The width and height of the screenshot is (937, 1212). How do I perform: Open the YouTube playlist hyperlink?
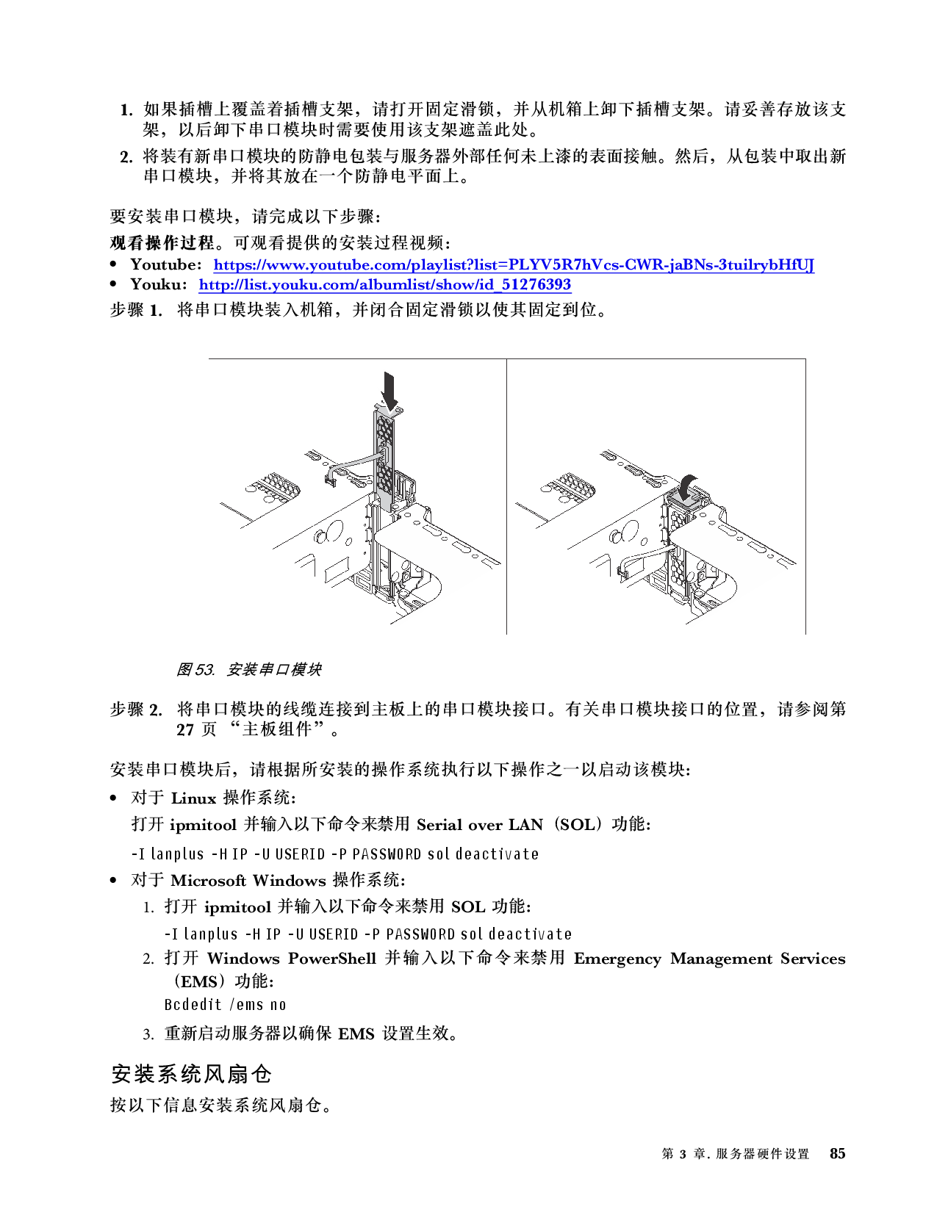click(x=514, y=264)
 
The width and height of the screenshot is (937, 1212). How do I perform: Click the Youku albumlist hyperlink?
click(x=384, y=284)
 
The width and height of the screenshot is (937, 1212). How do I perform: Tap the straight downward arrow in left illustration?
click(x=389, y=391)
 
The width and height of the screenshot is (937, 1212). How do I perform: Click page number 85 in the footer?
click(x=837, y=1153)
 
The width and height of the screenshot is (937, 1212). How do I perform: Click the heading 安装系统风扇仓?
click(x=191, y=1074)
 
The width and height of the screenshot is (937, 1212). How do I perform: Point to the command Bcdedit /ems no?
click(x=225, y=1005)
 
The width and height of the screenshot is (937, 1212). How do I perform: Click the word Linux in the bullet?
click(x=193, y=798)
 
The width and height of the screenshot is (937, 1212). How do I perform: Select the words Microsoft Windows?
click(x=248, y=880)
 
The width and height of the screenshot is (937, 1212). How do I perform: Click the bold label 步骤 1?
click(x=136, y=309)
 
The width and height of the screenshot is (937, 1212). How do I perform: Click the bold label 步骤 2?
click(x=136, y=710)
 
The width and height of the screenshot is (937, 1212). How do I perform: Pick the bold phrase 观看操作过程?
click(x=162, y=242)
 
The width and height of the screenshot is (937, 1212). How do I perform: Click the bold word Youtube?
click(x=165, y=264)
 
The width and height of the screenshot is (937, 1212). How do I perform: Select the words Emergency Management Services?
click(x=709, y=959)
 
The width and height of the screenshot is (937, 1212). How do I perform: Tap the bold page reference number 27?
click(x=185, y=729)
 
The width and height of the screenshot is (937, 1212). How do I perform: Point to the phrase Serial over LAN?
click(x=479, y=824)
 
